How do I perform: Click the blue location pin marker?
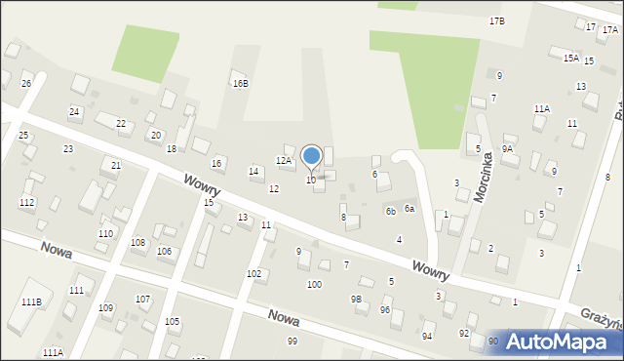coord(312,156)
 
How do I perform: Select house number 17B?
coord(497,20)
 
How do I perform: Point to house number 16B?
coord(240,83)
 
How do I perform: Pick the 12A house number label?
coord(284,160)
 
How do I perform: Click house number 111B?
coord(31,302)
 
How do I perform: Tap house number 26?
coord(26,84)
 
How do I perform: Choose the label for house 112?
coord(26,202)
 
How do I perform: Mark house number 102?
coord(253,274)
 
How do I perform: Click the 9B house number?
coord(357,299)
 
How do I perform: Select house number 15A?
coord(570,59)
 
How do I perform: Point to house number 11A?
coord(541,108)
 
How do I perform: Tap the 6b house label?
coord(390,211)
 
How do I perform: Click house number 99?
coord(292,341)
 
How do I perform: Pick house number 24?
coord(74,112)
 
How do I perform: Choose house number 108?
coord(138,242)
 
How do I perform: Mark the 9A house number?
coord(507,148)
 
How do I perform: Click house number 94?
coord(427,336)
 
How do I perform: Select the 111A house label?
coord(53,352)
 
